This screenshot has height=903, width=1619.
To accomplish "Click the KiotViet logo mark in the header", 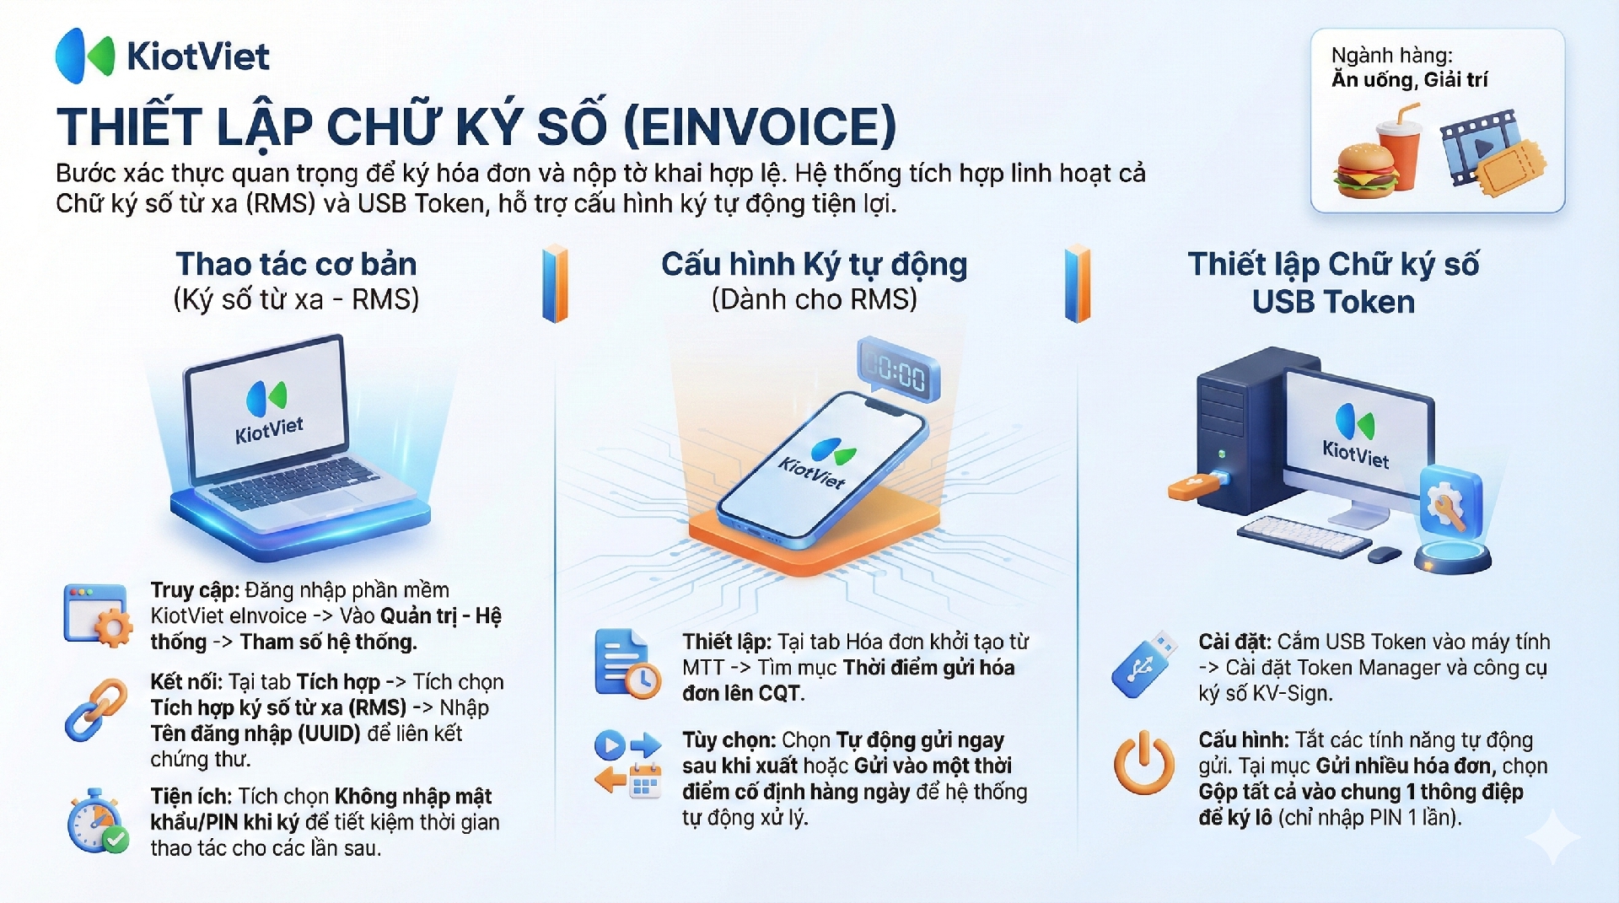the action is (x=84, y=56).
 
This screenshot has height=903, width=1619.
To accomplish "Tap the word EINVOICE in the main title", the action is (x=760, y=127).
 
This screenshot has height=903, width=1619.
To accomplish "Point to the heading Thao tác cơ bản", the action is (x=296, y=264).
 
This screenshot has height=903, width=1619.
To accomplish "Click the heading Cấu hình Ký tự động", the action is (x=814, y=265).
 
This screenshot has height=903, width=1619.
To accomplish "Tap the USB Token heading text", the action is (x=1333, y=302).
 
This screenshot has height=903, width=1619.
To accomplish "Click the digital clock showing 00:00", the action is (x=898, y=370).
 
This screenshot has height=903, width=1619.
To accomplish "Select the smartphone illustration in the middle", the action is (x=821, y=469).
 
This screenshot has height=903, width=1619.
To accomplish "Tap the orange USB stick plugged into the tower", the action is (x=1196, y=485).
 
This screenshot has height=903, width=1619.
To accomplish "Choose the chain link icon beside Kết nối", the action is (x=96, y=710).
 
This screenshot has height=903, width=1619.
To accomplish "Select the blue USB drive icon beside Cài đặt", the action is (x=1143, y=664).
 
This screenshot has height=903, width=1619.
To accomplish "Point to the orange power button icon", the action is (x=1143, y=763).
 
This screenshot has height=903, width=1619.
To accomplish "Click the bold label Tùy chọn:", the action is (x=729, y=740).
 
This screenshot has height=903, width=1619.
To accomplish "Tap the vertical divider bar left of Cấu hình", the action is (x=555, y=283).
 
